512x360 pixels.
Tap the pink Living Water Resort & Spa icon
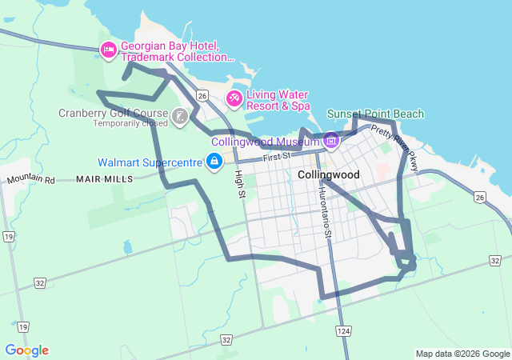234,98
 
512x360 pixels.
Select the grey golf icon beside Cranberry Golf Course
181,117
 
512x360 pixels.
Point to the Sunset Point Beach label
375,114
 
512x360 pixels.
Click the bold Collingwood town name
328,174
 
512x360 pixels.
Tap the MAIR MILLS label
105,179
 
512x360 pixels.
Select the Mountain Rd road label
30,180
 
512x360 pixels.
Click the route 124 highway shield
344,330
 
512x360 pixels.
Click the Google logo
26,350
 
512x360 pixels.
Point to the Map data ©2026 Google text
462,354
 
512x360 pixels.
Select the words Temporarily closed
130,124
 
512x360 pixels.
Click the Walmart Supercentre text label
150,162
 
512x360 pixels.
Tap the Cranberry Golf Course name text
113,113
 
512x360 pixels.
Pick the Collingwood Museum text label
266,142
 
